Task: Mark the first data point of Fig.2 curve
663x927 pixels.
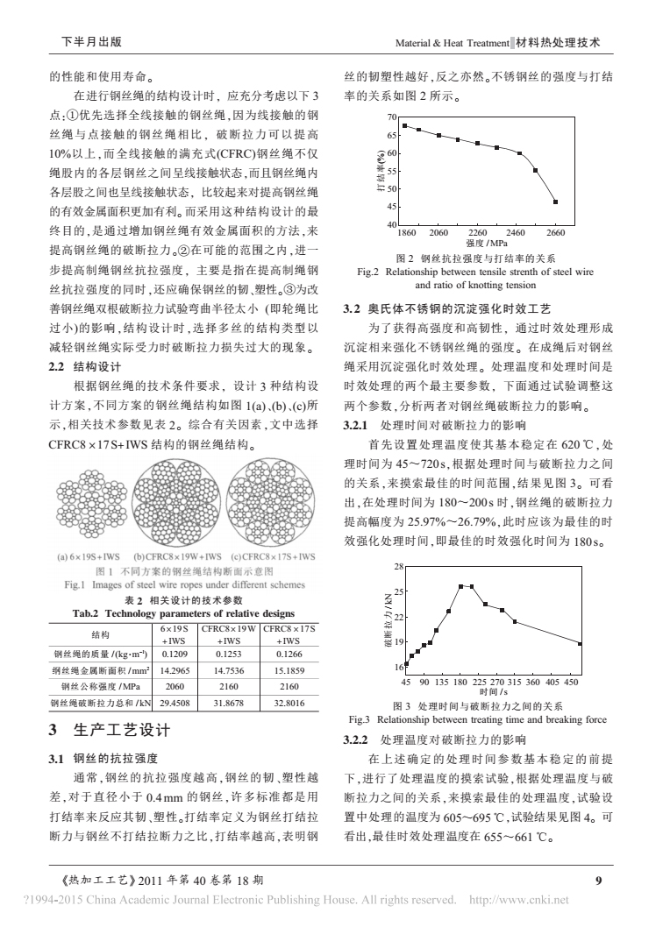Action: pyautogui.click(x=404, y=125)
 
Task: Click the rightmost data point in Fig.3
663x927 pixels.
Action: pyautogui.click(x=580, y=643)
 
